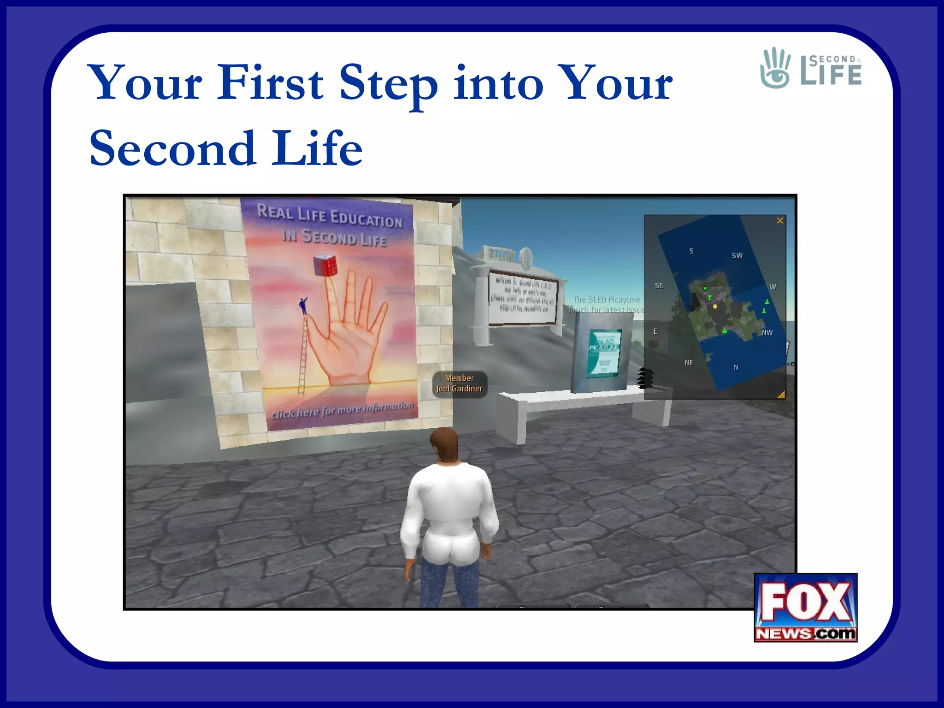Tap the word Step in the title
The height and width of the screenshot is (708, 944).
pos(388,85)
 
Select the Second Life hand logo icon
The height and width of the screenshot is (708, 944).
pos(775,68)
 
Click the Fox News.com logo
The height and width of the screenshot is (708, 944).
pos(805,608)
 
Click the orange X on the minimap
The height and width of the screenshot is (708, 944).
pos(780,221)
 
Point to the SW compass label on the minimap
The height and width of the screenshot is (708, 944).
pos(737,255)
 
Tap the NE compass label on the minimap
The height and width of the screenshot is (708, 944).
pos(689,363)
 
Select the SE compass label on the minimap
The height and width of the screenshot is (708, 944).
pos(659,286)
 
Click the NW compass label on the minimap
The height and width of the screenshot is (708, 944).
pos(767,333)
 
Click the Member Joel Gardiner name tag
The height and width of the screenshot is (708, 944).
pos(460,383)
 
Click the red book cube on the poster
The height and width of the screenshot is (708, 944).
pos(325,265)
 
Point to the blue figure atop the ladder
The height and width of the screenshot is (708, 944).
pos(303,305)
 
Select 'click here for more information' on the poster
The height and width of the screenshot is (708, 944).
pos(342,410)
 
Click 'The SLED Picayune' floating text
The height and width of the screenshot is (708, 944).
pos(607,300)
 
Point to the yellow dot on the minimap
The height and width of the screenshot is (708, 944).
pos(715,306)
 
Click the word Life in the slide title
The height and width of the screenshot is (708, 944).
pos(317,148)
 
